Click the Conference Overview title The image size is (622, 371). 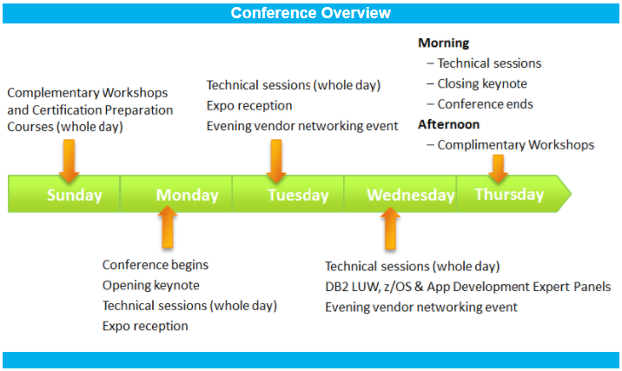(310, 13)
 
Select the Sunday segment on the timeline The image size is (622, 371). (74, 195)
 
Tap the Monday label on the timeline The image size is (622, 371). (187, 195)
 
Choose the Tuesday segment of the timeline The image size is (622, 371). (298, 195)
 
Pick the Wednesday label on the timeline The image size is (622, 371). (410, 195)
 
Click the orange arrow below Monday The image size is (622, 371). (168, 228)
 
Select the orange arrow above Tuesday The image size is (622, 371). (276, 160)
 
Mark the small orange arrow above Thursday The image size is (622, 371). (498, 169)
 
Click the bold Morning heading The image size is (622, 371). (443, 43)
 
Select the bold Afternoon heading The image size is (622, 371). (448, 124)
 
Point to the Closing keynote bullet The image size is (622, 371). (482, 83)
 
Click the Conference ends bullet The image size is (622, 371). (485, 104)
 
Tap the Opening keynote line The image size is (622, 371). (150, 285)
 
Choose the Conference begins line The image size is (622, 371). (155, 264)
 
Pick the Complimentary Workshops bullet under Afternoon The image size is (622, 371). (515, 144)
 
